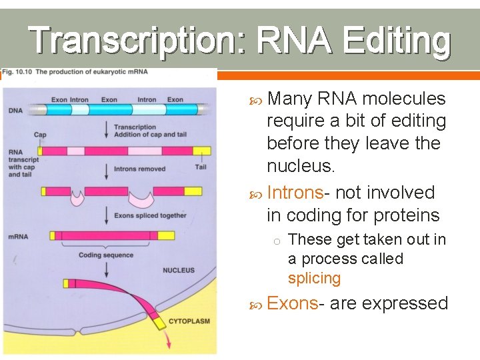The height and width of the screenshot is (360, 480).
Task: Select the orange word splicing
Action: (x=314, y=278)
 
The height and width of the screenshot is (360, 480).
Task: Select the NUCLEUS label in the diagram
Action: (x=179, y=270)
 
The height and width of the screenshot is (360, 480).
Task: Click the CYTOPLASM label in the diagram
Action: (x=189, y=321)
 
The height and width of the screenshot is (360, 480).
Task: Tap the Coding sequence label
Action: (x=105, y=255)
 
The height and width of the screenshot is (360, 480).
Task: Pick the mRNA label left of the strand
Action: (x=18, y=236)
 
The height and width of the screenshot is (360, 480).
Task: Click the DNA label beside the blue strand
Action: (x=15, y=110)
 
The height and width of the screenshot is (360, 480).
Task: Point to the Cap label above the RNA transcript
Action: (x=40, y=134)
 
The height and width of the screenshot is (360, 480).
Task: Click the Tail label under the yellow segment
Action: (x=201, y=167)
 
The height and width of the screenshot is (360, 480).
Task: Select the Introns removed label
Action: (x=139, y=169)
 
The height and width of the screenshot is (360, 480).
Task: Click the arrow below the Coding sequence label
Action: (x=106, y=268)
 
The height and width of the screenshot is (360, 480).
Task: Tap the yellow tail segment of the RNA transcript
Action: (x=201, y=151)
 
